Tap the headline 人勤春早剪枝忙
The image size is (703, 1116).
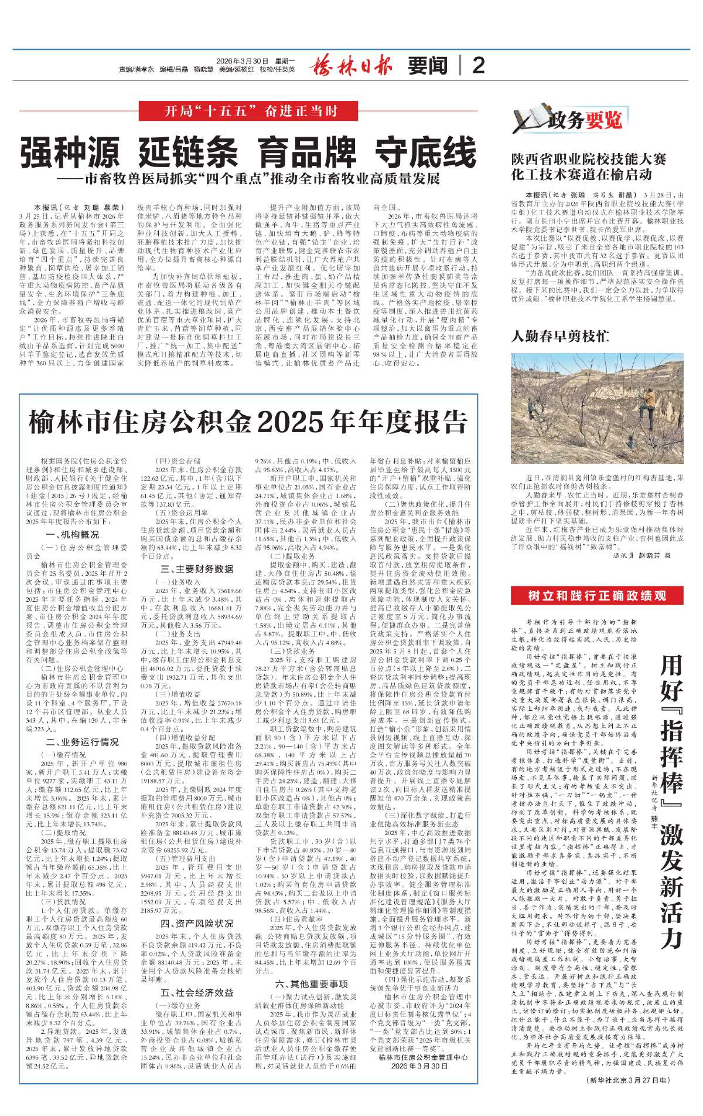(559, 336)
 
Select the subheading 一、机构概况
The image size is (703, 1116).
(72, 534)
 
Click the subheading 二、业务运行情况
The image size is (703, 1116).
(82, 742)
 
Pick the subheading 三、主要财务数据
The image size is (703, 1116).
(197, 568)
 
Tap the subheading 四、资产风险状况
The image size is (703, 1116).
(197, 923)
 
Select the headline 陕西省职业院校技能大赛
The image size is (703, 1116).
(589, 159)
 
